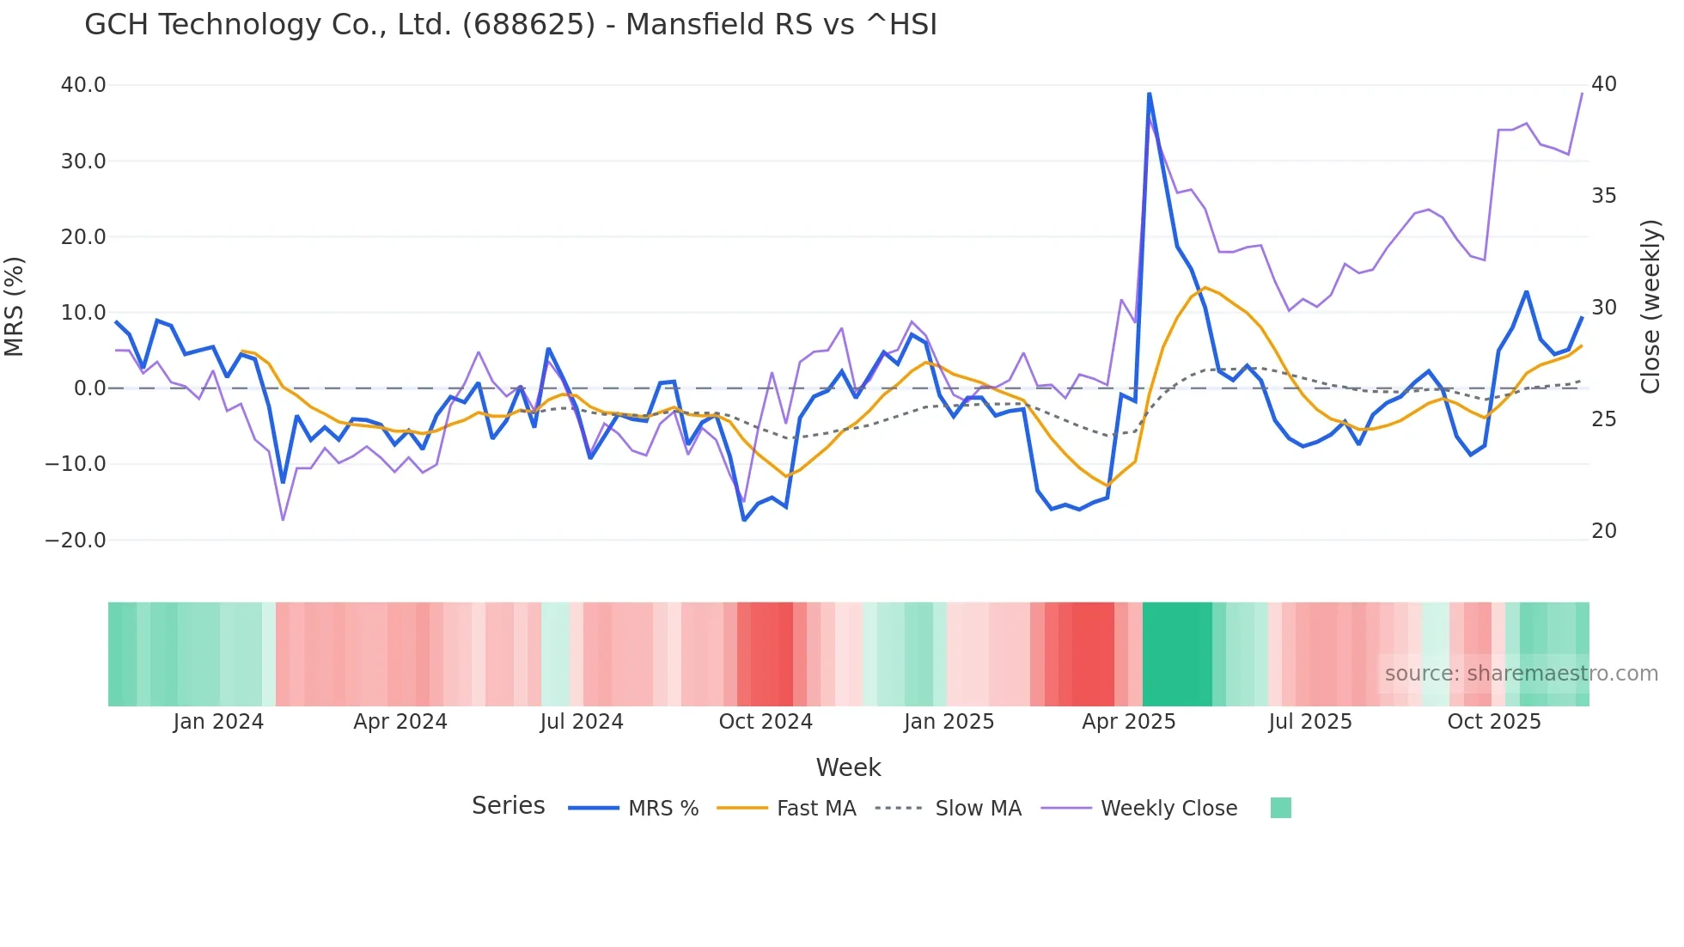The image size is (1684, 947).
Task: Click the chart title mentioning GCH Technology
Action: click(510, 24)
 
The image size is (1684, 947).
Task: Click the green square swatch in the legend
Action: click(1280, 808)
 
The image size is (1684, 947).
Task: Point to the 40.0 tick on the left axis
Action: click(83, 85)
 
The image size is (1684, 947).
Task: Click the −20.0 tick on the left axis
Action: click(76, 541)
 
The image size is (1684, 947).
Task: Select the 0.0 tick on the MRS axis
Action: click(89, 388)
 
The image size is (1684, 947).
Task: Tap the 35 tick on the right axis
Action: click(1603, 196)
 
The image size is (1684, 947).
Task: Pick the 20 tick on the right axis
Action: click(1603, 531)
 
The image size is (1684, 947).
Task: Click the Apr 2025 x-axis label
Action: click(1128, 722)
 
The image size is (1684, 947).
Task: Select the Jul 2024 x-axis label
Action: click(582, 722)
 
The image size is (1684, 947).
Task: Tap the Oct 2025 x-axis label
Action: click(1493, 722)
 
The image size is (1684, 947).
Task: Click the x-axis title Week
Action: click(848, 767)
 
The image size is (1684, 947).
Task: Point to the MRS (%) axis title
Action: click(15, 307)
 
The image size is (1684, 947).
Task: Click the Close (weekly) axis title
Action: click(1650, 307)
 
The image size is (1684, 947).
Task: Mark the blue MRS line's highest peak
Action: click(1149, 94)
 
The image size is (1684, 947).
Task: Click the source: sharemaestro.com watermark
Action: click(1521, 674)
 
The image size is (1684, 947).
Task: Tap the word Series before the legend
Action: click(508, 806)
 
